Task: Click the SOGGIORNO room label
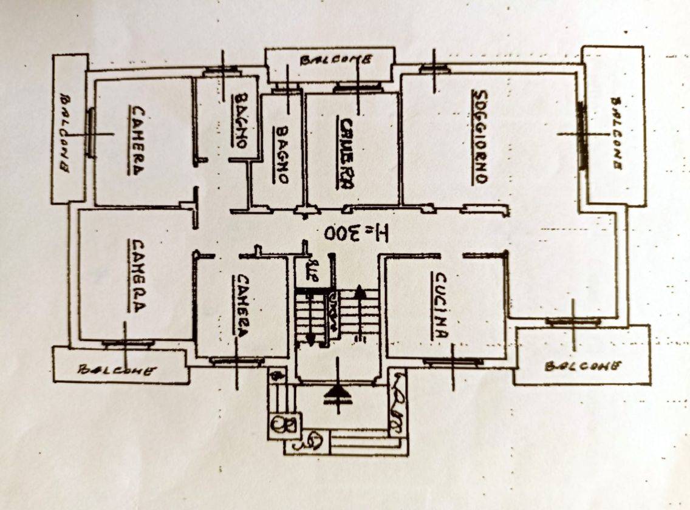click(x=480, y=137)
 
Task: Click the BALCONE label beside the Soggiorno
click(x=615, y=133)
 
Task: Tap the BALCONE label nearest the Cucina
click(x=582, y=365)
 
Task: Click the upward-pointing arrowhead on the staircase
click(x=360, y=292)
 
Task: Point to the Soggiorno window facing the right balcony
click(x=581, y=135)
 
